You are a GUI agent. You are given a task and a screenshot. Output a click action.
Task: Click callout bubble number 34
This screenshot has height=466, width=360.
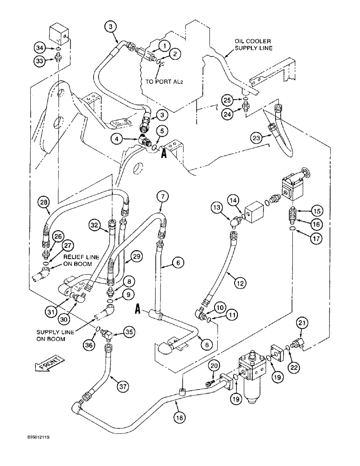point(39,47)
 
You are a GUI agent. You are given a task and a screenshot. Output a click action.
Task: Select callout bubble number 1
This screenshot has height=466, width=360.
point(164,46)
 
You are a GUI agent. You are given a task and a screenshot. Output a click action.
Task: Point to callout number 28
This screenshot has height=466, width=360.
point(43,202)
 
